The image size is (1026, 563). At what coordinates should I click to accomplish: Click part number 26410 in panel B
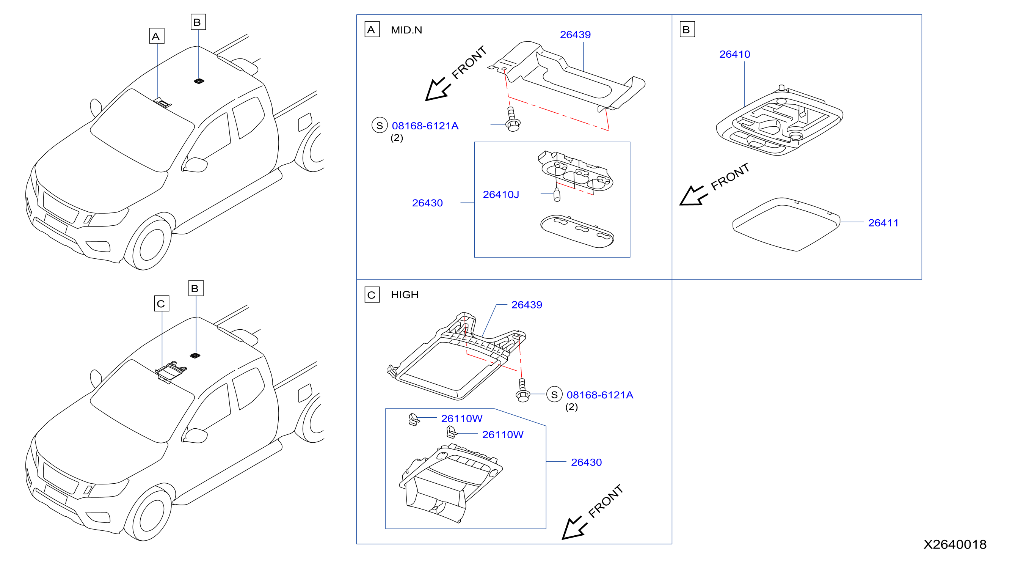tap(734, 54)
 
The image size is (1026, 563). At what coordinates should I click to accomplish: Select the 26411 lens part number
tap(883, 223)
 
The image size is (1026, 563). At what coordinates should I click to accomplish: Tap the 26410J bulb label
tap(500, 195)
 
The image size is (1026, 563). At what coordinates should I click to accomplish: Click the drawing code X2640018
tap(955, 544)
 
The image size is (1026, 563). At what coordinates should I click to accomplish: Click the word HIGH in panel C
tap(404, 294)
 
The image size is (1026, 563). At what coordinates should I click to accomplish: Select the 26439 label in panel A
tap(575, 35)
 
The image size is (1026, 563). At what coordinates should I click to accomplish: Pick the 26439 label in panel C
tap(527, 305)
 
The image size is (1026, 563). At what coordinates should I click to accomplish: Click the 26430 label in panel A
tap(427, 203)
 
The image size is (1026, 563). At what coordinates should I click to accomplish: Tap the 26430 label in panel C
tap(586, 462)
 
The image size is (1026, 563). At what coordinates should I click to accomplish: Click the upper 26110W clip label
tap(461, 418)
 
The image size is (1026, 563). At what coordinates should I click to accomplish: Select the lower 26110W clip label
tap(503, 435)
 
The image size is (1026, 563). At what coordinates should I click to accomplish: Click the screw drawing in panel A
tap(512, 120)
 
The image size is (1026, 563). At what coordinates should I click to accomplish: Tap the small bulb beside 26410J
tap(557, 195)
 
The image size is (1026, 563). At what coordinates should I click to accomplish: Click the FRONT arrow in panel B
tap(693, 196)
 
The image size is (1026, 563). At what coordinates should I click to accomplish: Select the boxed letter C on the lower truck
tap(161, 304)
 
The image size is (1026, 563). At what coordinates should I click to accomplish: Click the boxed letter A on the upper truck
tap(157, 36)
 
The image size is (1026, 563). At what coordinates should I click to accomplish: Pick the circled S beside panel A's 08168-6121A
tap(380, 126)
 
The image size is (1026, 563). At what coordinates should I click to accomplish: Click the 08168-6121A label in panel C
tap(600, 395)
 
